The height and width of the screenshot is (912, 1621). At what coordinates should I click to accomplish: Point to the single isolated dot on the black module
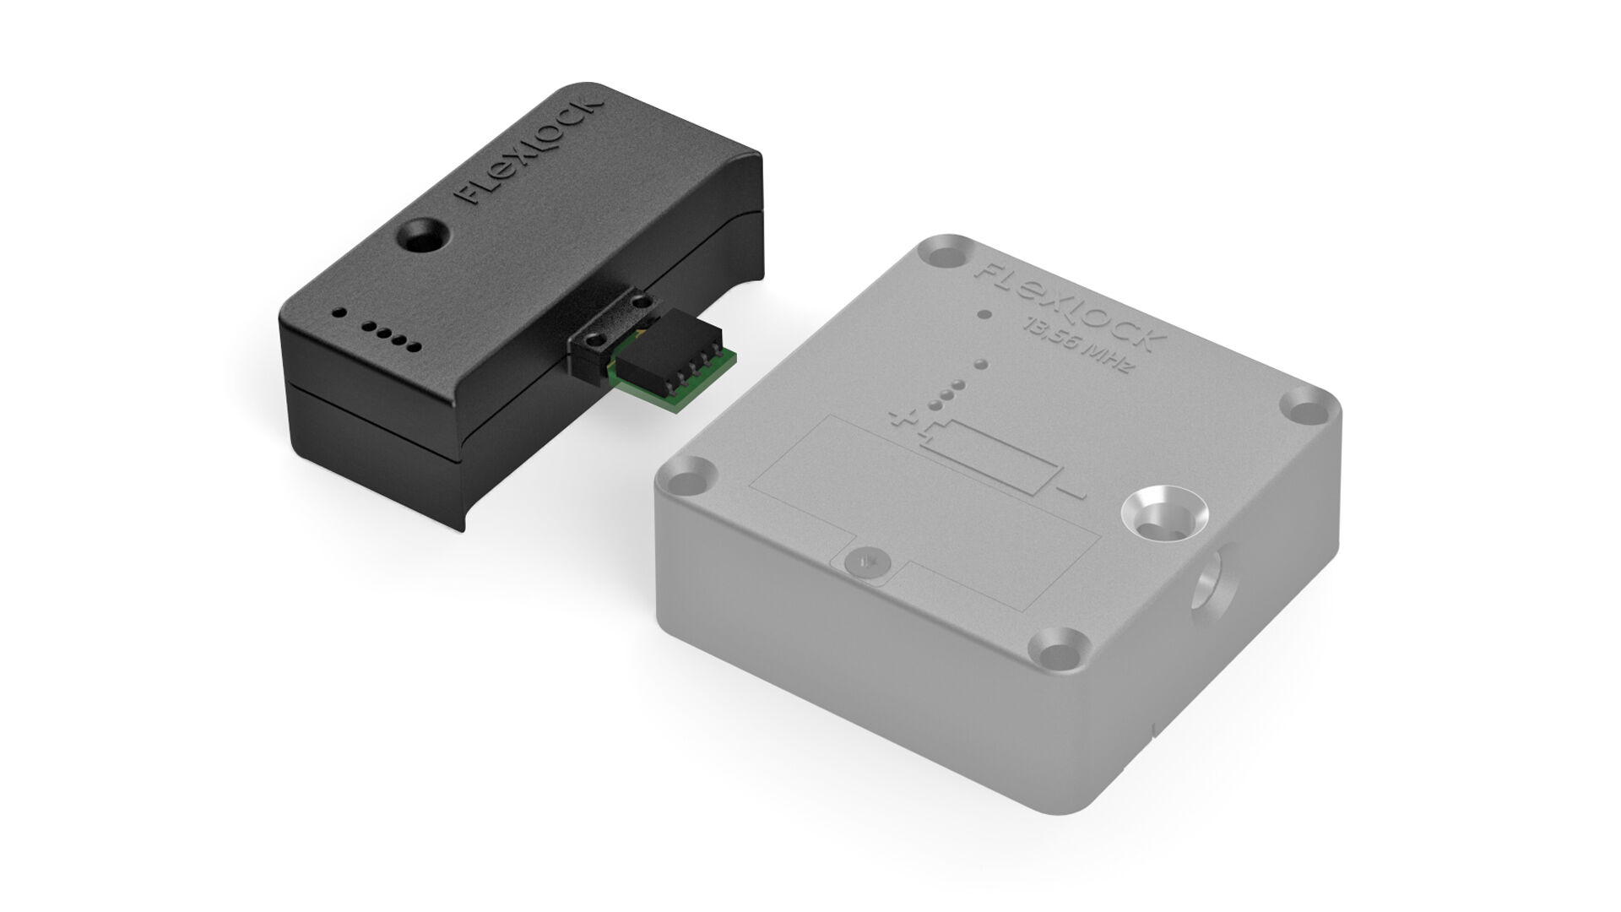[x=339, y=312]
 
